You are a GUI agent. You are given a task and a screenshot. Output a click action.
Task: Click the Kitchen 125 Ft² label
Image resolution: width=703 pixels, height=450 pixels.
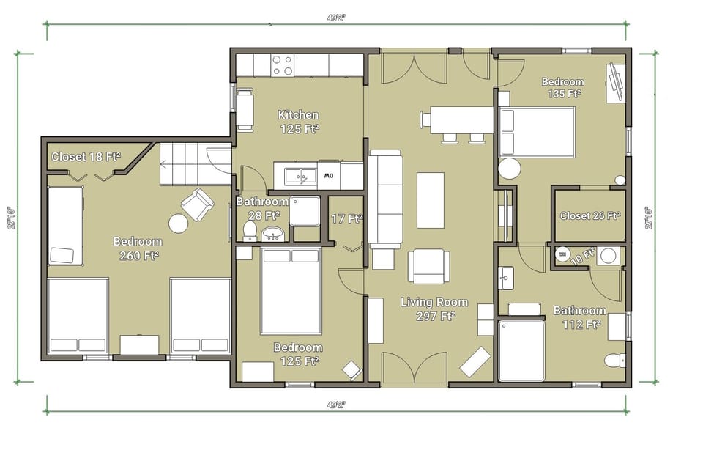299,122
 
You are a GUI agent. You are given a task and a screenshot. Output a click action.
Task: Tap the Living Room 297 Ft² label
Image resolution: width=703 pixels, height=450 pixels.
428,309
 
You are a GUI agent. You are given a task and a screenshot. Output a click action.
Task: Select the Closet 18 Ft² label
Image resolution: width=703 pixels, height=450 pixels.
86,156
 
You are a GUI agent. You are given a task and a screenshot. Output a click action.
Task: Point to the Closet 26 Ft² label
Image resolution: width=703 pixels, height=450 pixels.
589,215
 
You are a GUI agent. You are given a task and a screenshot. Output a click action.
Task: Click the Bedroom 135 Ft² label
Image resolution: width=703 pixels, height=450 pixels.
562,87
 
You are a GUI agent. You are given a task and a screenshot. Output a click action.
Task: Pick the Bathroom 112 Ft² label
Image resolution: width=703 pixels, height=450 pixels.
579,317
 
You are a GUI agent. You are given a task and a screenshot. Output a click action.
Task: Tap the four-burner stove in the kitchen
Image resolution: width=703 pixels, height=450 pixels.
283,65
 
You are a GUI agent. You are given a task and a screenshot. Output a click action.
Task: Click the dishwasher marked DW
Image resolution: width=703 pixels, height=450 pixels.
330,176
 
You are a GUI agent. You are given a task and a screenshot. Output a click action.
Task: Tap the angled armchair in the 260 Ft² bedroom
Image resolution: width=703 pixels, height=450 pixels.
197,204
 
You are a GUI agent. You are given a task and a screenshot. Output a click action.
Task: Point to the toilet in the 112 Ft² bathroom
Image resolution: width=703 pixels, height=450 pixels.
614,360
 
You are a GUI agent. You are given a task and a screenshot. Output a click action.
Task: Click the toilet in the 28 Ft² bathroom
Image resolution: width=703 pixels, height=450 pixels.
250,231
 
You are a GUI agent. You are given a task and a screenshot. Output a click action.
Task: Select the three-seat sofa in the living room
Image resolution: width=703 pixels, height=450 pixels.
385,199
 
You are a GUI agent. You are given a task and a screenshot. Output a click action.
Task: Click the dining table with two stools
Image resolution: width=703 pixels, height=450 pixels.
461,120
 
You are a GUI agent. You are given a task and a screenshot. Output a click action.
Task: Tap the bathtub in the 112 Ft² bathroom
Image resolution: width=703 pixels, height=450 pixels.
521,350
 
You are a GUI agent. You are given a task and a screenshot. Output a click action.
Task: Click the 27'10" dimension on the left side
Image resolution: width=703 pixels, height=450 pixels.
12,217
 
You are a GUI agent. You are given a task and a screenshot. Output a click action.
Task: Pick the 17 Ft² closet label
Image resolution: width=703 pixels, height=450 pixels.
346,218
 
